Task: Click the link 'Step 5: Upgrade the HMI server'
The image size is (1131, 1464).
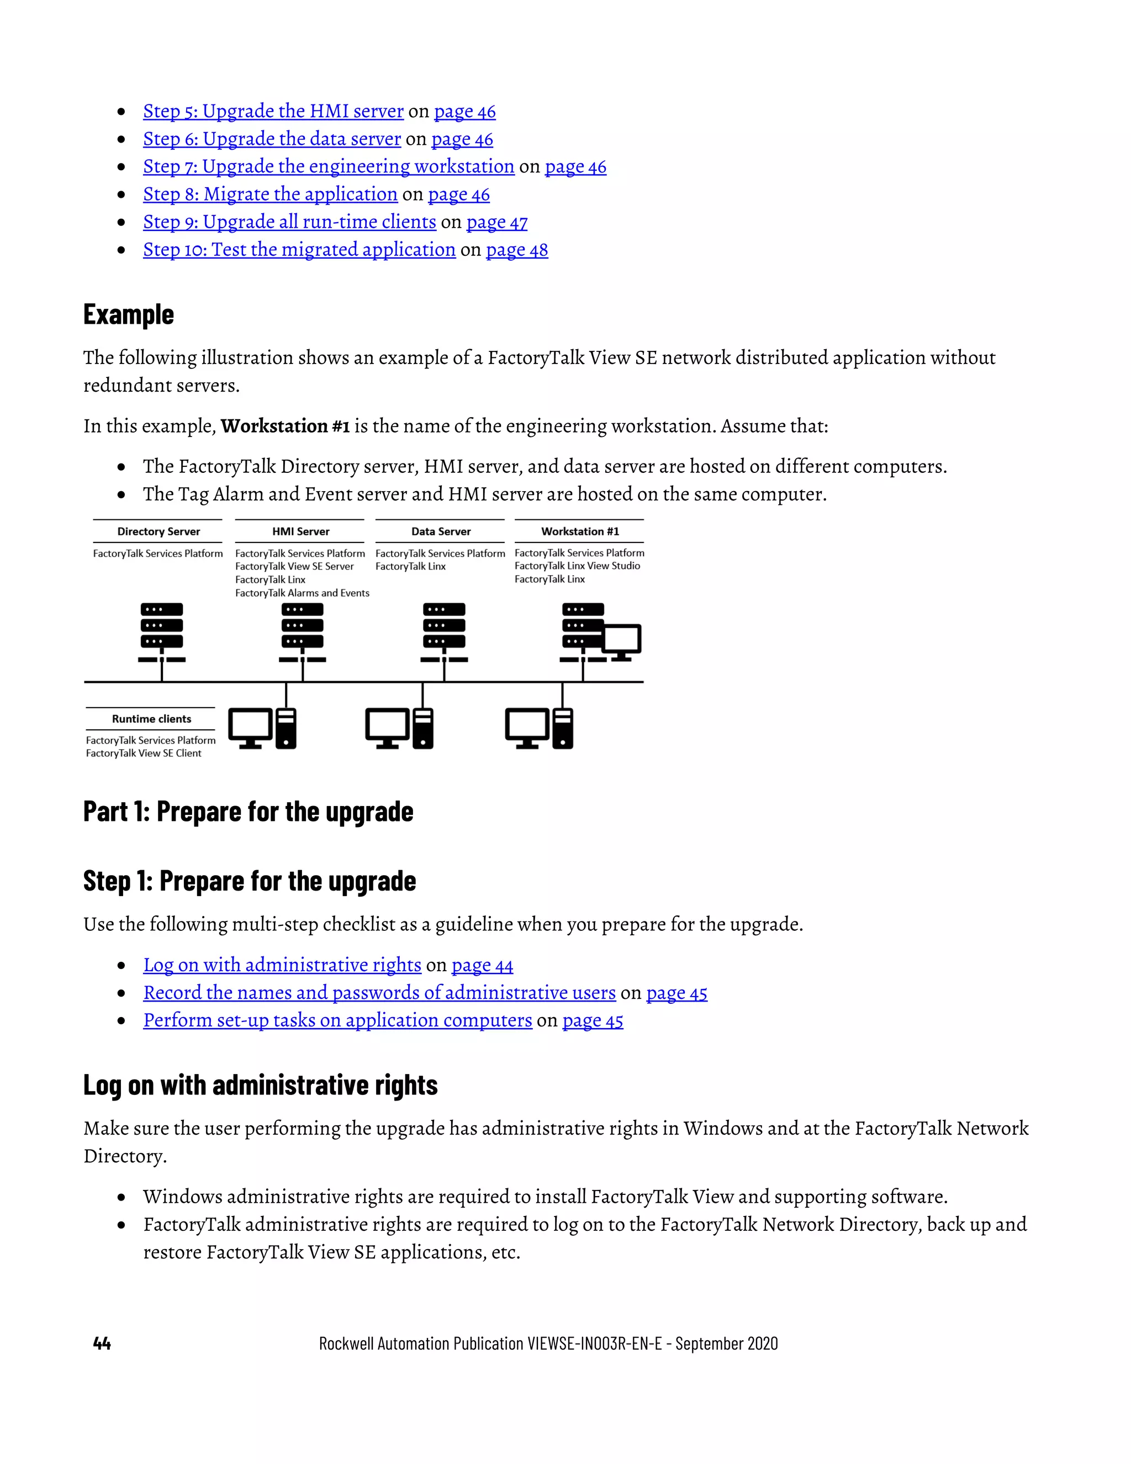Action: click(273, 111)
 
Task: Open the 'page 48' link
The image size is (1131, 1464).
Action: click(516, 250)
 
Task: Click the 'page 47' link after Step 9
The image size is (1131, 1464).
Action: click(496, 223)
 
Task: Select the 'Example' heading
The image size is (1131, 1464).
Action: click(129, 314)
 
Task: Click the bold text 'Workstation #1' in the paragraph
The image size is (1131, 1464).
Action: click(285, 426)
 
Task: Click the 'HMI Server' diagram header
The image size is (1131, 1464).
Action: click(300, 531)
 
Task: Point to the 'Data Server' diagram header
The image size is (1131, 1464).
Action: click(441, 531)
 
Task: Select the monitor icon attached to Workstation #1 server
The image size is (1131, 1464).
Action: click(622, 640)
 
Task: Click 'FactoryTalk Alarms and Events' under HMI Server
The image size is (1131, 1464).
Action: click(302, 593)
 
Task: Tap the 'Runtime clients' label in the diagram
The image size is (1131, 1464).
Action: click(151, 719)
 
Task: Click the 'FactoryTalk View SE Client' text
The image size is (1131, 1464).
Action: click(144, 754)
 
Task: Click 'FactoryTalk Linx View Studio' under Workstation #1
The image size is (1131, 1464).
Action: click(577, 566)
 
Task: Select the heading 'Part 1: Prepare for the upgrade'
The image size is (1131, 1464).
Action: click(248, 812)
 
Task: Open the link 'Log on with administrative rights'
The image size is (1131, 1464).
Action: click(282, 965)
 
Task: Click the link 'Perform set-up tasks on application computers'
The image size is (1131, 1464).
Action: click(337, 1020)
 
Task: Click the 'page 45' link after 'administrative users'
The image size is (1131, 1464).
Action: click(676, 993)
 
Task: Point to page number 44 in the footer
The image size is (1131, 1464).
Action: click(102, 1344)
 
